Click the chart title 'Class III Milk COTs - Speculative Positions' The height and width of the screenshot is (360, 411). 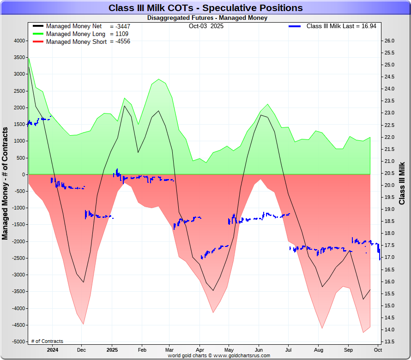[205, 8]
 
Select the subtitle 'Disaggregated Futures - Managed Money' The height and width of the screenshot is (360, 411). [207, 18]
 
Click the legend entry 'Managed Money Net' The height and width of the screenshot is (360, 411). [74, 26]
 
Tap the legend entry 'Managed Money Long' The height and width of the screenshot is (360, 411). [76, 34]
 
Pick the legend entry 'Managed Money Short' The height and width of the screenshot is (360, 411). [76, 42]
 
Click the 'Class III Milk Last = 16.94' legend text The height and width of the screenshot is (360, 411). [341, 26]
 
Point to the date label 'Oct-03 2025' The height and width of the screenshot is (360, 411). [206, 26]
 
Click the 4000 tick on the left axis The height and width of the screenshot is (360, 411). [19, 41]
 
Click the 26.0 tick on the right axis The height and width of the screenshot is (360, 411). [389, 41]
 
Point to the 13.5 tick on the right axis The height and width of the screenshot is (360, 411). [389, 342]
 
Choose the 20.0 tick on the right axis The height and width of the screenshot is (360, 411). [389, 185]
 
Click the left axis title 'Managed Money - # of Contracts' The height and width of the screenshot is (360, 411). [6, 183]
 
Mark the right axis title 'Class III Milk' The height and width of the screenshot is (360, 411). [402, 183]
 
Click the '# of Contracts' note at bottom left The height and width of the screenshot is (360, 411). [47, 342]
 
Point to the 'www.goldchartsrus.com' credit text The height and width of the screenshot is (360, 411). [242, 356]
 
